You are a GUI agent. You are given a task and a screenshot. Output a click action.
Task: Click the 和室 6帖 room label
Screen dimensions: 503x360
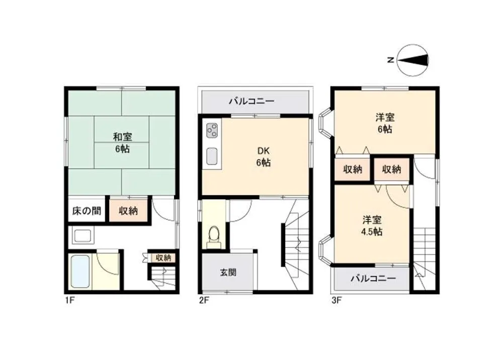click(123, 143)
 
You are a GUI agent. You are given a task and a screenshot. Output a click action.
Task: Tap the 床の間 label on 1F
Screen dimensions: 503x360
click(87, 211)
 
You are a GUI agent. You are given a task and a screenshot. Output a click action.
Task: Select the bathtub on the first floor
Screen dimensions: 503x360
click(79, 271)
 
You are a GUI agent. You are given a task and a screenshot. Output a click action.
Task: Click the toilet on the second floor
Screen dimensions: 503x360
click(214, 237)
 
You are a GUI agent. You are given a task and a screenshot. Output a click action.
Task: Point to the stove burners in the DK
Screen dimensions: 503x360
click(212, 130)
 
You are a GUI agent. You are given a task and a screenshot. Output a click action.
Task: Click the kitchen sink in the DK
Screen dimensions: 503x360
click(212, 156)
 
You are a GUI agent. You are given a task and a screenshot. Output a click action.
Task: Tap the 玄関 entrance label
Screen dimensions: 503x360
click(228, 273)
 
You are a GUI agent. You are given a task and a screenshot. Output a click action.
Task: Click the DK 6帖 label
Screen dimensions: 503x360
click(264, 157)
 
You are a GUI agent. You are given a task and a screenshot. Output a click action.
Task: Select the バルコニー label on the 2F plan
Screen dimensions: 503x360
click(252, 102)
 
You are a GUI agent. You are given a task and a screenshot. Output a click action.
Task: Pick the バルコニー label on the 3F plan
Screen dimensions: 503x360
click(373, 278)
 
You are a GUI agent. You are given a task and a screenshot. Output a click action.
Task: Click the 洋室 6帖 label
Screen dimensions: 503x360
click(385, 123)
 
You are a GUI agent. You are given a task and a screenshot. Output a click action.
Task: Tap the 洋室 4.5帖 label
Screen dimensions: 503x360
click(372, 226)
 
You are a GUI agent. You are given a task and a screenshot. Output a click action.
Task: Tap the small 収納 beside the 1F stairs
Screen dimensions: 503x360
click(163, 258)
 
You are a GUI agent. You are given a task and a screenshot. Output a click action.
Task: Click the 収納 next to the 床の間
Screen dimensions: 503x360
click(128, 211)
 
